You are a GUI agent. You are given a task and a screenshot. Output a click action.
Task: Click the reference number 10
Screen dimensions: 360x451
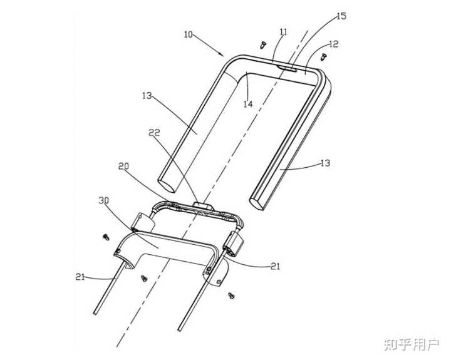tap(189, 34)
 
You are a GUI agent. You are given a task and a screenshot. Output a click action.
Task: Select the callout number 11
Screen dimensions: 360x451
tap(284, 31)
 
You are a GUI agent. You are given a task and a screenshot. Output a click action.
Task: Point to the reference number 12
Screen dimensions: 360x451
tap(333, 44)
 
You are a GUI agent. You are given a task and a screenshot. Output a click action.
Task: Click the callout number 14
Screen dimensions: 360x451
tap(248, 104)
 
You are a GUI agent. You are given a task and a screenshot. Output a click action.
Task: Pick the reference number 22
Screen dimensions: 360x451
tap(154, 133)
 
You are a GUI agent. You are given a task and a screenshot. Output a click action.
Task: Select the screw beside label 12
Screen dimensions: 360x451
tap(323, 56)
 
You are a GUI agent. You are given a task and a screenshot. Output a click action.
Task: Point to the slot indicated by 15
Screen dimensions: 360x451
tap(289, 64)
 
